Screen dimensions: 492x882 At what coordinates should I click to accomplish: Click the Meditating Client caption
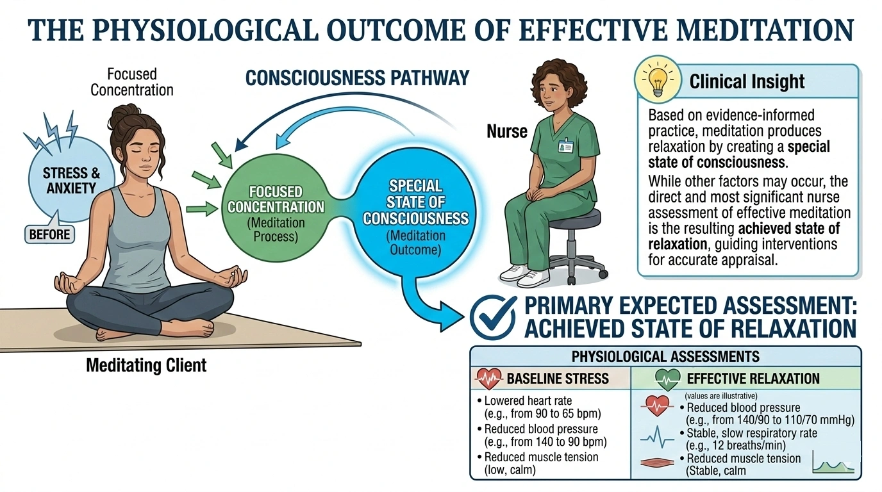[146, 366]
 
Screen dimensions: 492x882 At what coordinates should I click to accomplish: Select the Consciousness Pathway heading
[358, 78]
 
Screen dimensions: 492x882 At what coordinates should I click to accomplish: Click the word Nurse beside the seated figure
[506, 132]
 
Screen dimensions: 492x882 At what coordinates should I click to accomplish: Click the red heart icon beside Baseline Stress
[488, 379]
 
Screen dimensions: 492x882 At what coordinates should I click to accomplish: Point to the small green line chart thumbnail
[833, 462]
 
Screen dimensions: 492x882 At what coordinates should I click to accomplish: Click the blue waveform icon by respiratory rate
[658, 438]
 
